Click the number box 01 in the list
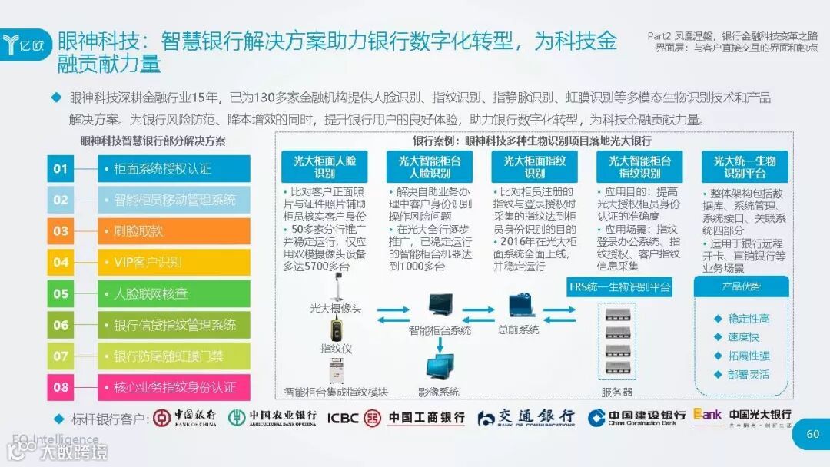61,168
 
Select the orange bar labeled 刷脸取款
174,230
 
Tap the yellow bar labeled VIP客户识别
174,262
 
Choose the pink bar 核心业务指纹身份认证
174,387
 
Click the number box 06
61,325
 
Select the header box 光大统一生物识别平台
745,167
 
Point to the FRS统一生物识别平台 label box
619,287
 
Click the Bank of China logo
184,417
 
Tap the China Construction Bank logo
636,417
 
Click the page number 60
812,434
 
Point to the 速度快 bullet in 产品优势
742,337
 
